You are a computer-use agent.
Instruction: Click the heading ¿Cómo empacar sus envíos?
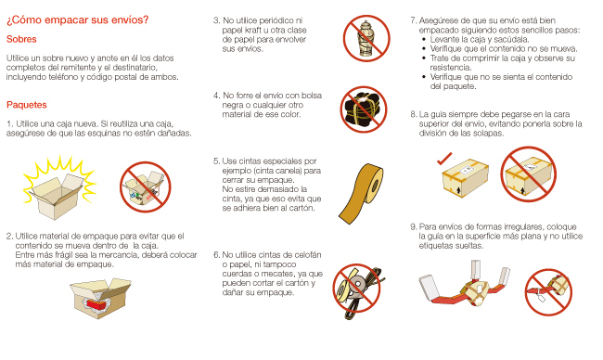point(77,20)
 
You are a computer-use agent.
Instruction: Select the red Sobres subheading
point(21,39)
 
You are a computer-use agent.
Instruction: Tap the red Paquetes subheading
point(27,105)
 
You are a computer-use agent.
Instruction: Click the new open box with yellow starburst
point(58,188)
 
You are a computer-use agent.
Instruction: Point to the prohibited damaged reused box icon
point(146,186)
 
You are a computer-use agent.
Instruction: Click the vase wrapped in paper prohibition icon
point(366,38)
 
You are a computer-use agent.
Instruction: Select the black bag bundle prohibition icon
point(364,109)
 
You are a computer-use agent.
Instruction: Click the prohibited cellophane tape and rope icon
point(358,290)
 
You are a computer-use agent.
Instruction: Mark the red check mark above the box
point(444,159)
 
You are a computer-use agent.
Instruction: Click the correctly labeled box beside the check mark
point(466,178)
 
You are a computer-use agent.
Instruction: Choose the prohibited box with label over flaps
point(529,174)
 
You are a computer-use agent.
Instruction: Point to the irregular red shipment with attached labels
point(465,285)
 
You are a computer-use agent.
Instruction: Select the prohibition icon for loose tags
point(549,292)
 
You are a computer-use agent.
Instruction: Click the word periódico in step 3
point(276,20)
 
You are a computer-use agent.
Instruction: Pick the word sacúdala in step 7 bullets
point(512,39)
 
